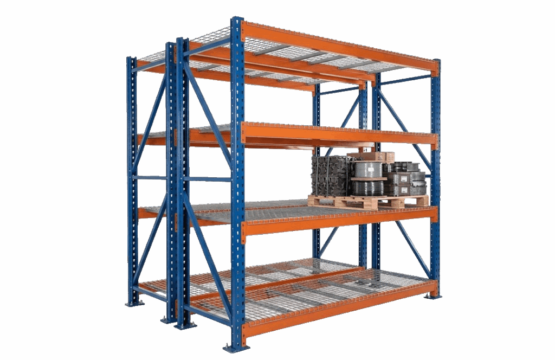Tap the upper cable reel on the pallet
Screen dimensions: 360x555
coord(369,170)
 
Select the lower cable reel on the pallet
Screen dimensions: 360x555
coord(369,188)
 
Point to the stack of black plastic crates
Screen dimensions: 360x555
coord(330,175)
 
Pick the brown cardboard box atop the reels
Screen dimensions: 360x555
coord(374,157)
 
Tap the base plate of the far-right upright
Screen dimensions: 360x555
coord(433,295)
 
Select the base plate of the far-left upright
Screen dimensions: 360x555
coord(133,303)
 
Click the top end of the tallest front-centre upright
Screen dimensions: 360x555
coord(237,21)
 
